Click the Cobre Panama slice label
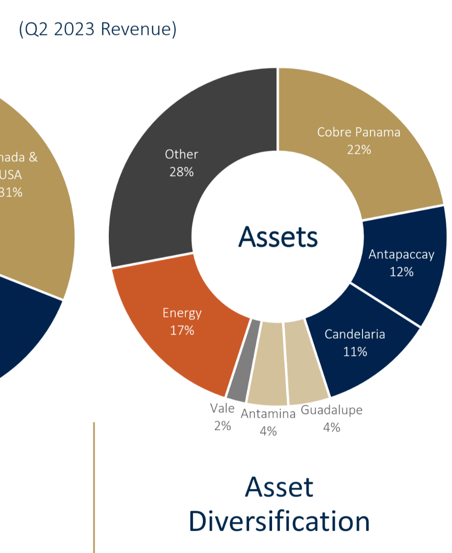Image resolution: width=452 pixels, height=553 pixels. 358,132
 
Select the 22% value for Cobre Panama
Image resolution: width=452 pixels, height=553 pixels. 358,149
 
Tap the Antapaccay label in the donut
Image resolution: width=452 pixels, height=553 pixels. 401,255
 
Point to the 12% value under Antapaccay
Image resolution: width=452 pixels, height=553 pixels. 401,272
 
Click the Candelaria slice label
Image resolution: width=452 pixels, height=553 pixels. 355,335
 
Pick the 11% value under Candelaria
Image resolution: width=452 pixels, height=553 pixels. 355,352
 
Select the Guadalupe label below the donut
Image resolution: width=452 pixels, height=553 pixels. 331,410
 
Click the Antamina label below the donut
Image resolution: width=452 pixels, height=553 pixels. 268,414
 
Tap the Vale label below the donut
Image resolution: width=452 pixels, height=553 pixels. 222,408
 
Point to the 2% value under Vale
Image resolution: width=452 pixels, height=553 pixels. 222,425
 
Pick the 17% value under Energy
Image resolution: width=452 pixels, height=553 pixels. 182,330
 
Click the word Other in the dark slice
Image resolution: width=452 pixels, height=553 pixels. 182,154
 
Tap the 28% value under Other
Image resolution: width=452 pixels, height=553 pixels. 182,171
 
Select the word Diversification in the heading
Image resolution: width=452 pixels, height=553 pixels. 279,521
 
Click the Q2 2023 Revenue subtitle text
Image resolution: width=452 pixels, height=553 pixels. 97,30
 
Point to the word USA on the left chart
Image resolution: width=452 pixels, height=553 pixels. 10,175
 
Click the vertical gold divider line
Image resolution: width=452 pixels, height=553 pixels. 94,486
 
